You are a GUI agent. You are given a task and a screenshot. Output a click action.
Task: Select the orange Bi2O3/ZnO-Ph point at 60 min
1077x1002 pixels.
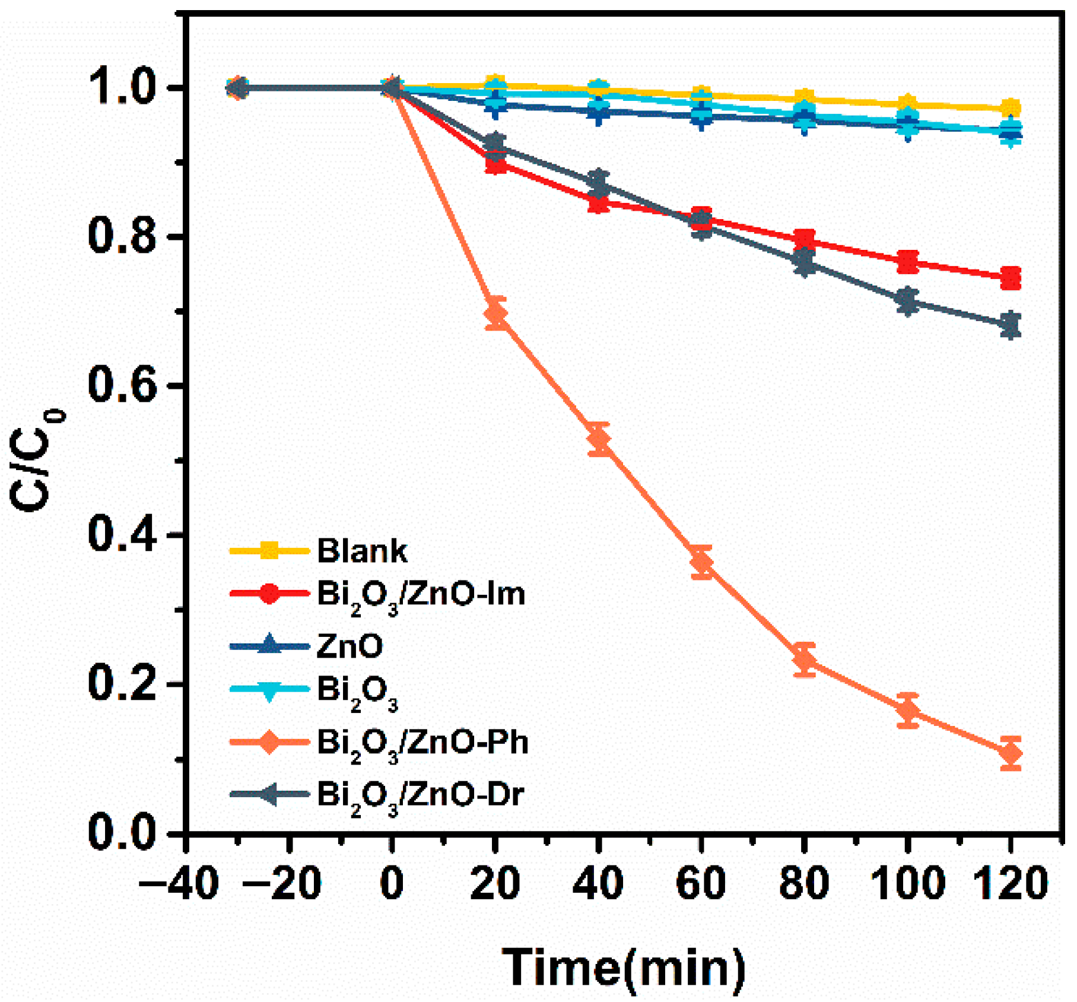point(701,561)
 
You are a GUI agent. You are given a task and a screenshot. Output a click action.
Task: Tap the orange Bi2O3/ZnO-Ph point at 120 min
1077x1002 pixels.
point(1010,753)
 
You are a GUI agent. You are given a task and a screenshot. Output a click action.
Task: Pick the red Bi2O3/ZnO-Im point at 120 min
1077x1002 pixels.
point(1010,277)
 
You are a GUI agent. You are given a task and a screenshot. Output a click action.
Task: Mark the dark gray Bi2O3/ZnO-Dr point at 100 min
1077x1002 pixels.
point(907,302)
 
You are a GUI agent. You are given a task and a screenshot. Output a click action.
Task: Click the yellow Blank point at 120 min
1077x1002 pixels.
point(1010,109)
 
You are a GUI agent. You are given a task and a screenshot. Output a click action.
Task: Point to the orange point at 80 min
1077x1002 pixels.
point(804,659)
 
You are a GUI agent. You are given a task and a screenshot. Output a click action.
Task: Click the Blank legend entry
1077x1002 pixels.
point(362,551)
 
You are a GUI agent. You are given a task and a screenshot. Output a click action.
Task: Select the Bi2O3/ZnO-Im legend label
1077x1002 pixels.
point(421,594)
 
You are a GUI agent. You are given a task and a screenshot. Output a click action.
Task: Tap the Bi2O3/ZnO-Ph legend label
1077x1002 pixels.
point(422,743)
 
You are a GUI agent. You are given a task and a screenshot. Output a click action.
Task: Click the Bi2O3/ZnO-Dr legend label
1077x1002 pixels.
point(420,794)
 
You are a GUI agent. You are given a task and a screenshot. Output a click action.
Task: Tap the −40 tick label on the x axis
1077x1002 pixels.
point(178,883)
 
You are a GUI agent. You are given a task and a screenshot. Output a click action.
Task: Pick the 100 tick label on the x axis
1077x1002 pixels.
point(907,883)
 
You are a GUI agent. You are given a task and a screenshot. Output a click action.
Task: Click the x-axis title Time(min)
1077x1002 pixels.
point(624,967)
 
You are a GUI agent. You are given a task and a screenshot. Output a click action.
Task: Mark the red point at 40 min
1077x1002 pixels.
point(599,203)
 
